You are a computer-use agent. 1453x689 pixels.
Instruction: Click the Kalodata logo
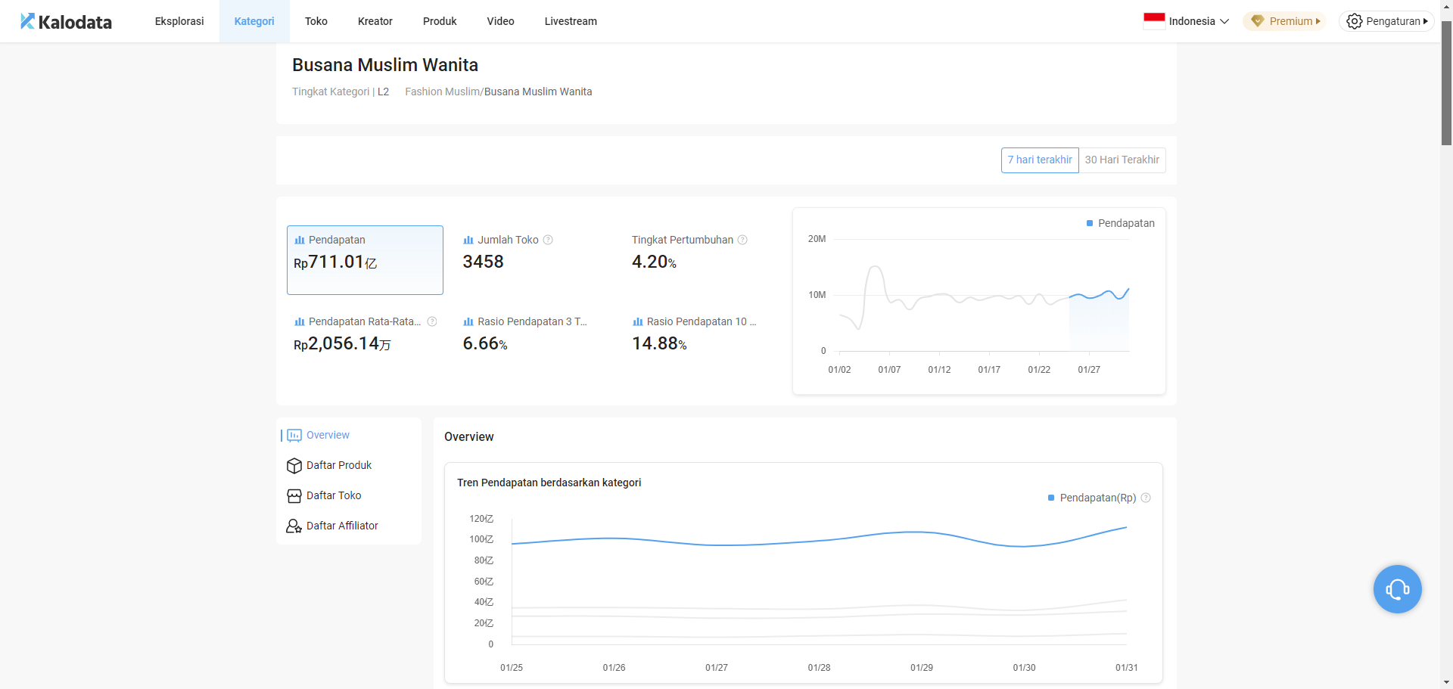(x=66, y=22)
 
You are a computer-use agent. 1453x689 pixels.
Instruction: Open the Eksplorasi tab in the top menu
(x=179, y=21)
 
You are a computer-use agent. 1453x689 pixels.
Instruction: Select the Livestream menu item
(x=571, y=21)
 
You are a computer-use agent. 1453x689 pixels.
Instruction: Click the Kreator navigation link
(x=375, y=21)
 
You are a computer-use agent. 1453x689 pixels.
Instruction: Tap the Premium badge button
(x=1284, y=21)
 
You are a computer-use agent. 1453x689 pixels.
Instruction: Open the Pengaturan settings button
(x=1386, y=21)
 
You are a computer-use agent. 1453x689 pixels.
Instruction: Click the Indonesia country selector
(x=1186, y=21)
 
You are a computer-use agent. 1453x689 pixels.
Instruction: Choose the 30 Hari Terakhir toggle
(x=1122, y=160)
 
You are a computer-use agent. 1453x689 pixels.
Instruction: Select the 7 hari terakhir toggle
(x=1040, y=160)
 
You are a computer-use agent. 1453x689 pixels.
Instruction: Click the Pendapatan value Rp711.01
(x=335, y=262)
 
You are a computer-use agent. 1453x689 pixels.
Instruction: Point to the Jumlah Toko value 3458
(x=483, y=262)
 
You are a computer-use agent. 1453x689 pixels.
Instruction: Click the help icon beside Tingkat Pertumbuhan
(x=742, y=240)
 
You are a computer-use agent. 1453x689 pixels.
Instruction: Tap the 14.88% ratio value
(x=659, y=343)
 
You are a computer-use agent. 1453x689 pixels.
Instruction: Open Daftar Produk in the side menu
(x=338, y=465)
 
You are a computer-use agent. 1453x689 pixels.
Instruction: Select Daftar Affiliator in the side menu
(x=341, y=526)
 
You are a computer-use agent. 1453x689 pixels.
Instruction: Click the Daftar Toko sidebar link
(x=333, y=495)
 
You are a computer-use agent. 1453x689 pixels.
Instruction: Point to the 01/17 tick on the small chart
(x=989, y=369)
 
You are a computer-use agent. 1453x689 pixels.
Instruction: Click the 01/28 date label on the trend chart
(x=819, y=668)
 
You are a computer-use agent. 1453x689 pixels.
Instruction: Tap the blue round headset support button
(x=1397, y=589)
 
